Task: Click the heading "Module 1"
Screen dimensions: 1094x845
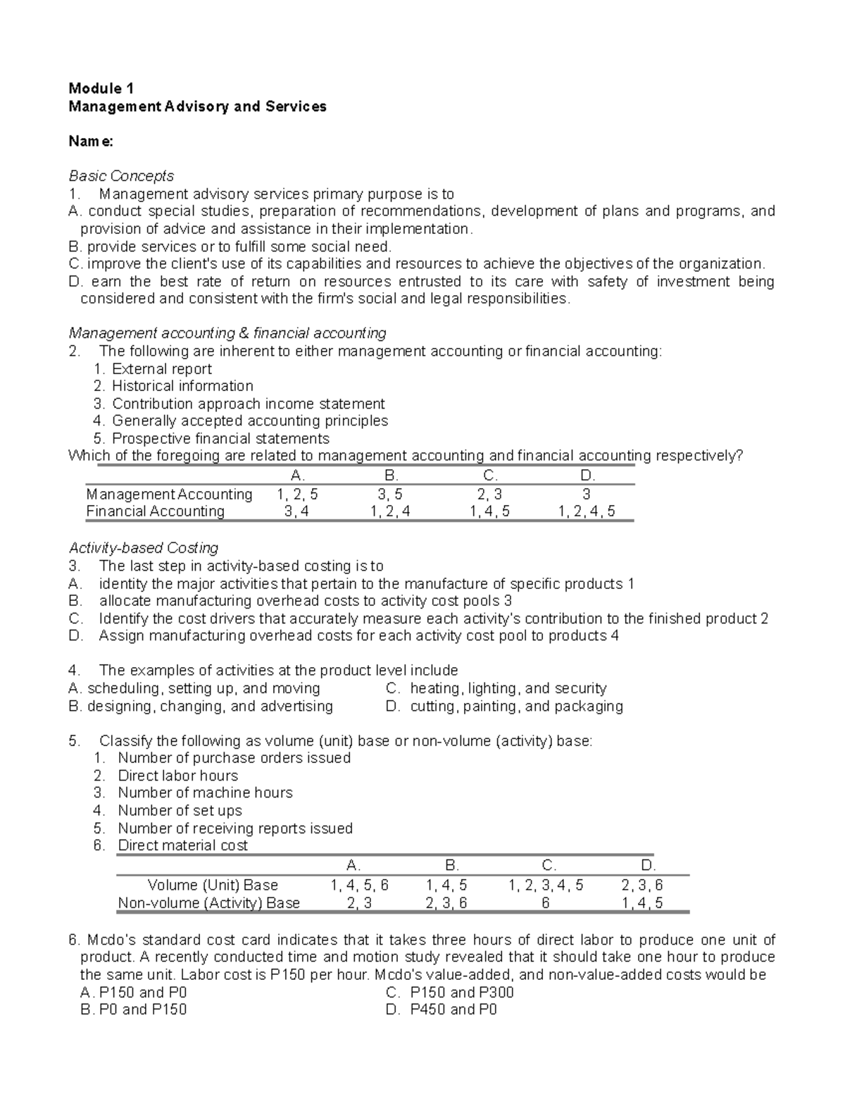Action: click(101, 89)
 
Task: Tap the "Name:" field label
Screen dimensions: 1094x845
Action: click(90, 142)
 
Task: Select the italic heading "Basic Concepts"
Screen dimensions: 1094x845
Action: click(120, 176)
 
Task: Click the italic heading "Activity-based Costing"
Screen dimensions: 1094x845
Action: click(143, 548)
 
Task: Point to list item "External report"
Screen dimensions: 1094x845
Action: click(161, 369)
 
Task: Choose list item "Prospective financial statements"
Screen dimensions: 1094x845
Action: click(220, 439)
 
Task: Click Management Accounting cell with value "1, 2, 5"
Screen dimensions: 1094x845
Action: click(297, 495)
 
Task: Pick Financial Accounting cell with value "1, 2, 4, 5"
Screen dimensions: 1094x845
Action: click(586, 512)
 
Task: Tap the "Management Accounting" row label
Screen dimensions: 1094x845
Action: click(169, 495)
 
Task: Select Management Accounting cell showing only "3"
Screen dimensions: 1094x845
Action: click(586, 495)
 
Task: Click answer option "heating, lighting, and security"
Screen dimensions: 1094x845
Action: click(508, 689)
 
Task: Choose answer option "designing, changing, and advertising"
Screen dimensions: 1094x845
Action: click(210, 707)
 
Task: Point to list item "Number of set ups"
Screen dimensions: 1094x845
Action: click(180, 811)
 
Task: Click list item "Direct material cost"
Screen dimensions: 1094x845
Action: click(182, 846)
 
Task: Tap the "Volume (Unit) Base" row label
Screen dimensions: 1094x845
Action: click(213, 885)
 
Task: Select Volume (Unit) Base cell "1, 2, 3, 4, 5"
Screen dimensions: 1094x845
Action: click(546, 885)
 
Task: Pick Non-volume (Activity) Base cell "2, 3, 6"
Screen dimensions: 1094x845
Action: click(446, 903)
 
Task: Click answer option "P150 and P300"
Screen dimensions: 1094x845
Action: click(461, 993)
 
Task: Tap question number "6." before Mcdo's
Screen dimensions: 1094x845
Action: click(75, 940)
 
